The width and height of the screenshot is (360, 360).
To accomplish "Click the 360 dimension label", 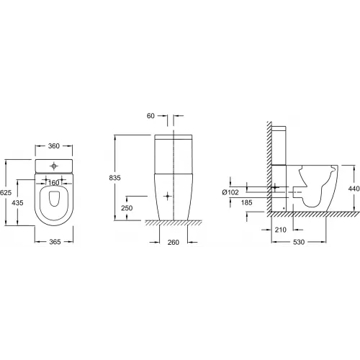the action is (x=54, y=146).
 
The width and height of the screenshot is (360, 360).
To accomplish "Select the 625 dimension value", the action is (x=6, y=192).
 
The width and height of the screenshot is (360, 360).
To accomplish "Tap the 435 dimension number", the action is (x=17, y=203).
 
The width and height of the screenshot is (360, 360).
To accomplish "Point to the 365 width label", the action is (x=55, y=242).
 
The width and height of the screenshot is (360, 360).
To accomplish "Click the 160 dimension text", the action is (x=53, y=183).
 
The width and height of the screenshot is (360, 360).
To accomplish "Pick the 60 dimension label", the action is (x=150, y=116).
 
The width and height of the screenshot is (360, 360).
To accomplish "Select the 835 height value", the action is (x=114, y=178).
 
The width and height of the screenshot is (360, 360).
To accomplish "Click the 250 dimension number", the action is (x=127, y=208).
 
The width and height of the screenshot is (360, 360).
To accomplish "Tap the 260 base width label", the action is (x=174, y=243).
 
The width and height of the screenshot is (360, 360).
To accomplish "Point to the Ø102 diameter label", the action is (x=230, y=192).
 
